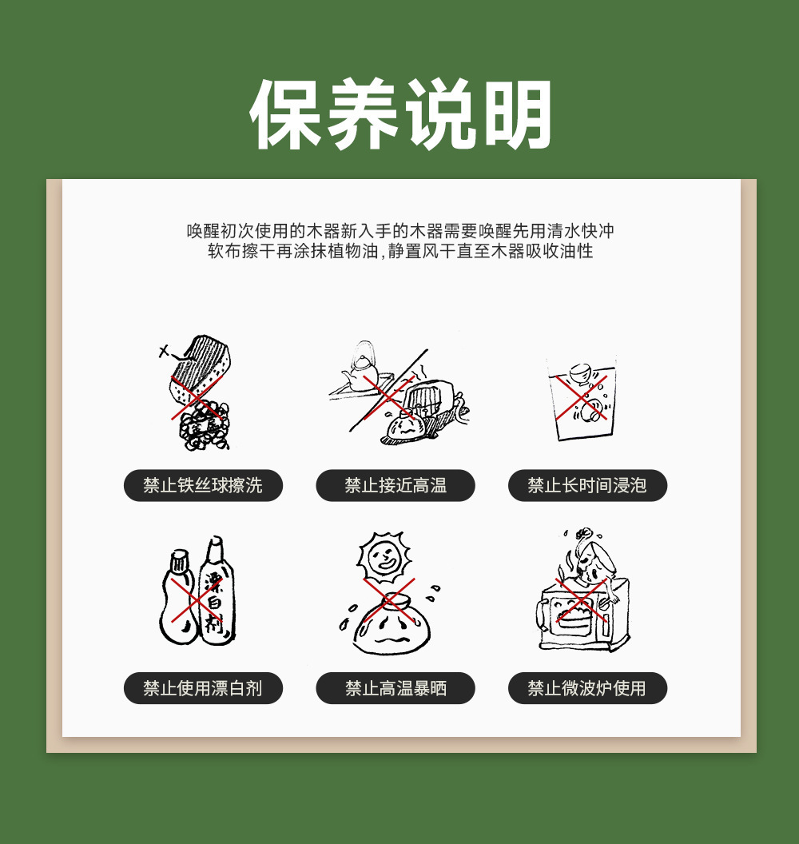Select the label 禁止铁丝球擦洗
pos(203,485)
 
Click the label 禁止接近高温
pos(396,485)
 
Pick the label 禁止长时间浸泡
pos(587,485)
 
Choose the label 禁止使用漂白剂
pos(203,688)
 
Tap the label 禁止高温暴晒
pos(396,688)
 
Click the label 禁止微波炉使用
pos(587,688)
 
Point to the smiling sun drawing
pos(384,558)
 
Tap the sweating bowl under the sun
pos(392,624)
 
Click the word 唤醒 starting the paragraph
pos(204,231)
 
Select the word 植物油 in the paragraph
pos(354,252)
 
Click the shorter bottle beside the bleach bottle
pos(178,598)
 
